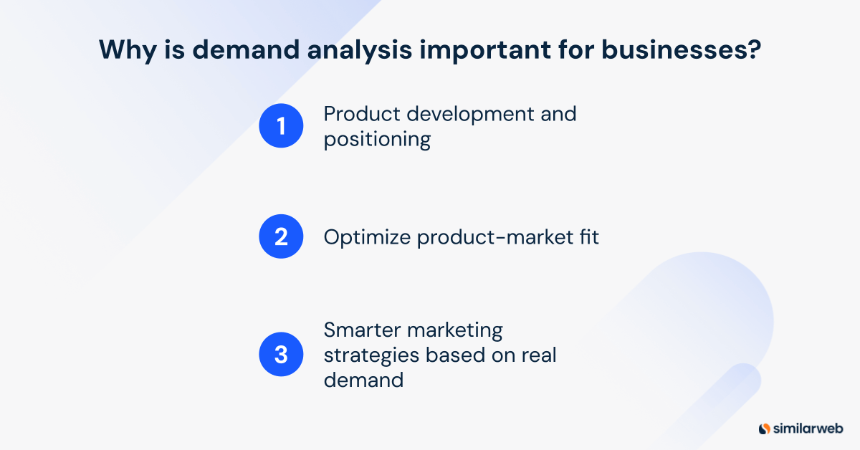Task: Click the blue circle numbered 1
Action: coord(281,126)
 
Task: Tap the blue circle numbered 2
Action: coord(281,236)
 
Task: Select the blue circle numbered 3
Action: coord(281,354)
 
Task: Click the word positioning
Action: coord(377,139)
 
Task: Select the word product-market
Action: coord(488,236)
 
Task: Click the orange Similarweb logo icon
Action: coord(764,429)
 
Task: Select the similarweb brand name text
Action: coord(808,429)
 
